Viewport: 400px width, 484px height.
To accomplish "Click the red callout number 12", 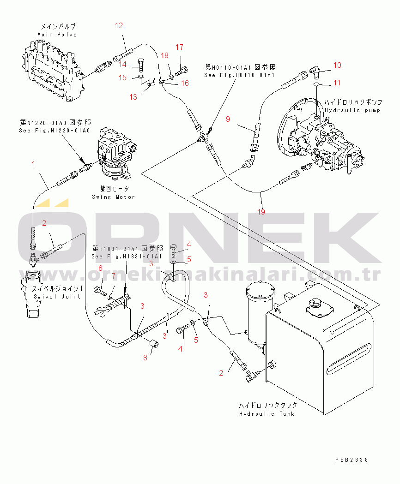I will (x=119, y=26).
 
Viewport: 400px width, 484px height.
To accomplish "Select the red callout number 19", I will (x=261, y=212).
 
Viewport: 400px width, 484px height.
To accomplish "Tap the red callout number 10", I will (x=337, y=65).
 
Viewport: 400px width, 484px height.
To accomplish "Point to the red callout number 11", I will (x=337, y=83).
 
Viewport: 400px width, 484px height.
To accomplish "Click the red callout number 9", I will (x=228, y=119).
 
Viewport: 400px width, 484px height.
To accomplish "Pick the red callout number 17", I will (x=179, y=47).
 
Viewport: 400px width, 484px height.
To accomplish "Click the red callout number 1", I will (x=33, y=164).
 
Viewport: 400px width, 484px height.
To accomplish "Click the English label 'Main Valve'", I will (x=57, y=35).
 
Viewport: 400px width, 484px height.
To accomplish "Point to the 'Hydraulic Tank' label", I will (x=267, y=413).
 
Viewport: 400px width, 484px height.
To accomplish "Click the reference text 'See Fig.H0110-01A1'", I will (x=240, y=75).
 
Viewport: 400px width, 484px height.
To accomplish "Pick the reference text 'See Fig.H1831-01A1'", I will (x=127, y=257).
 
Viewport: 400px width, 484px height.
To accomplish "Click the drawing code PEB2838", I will (x=352, y=460).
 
